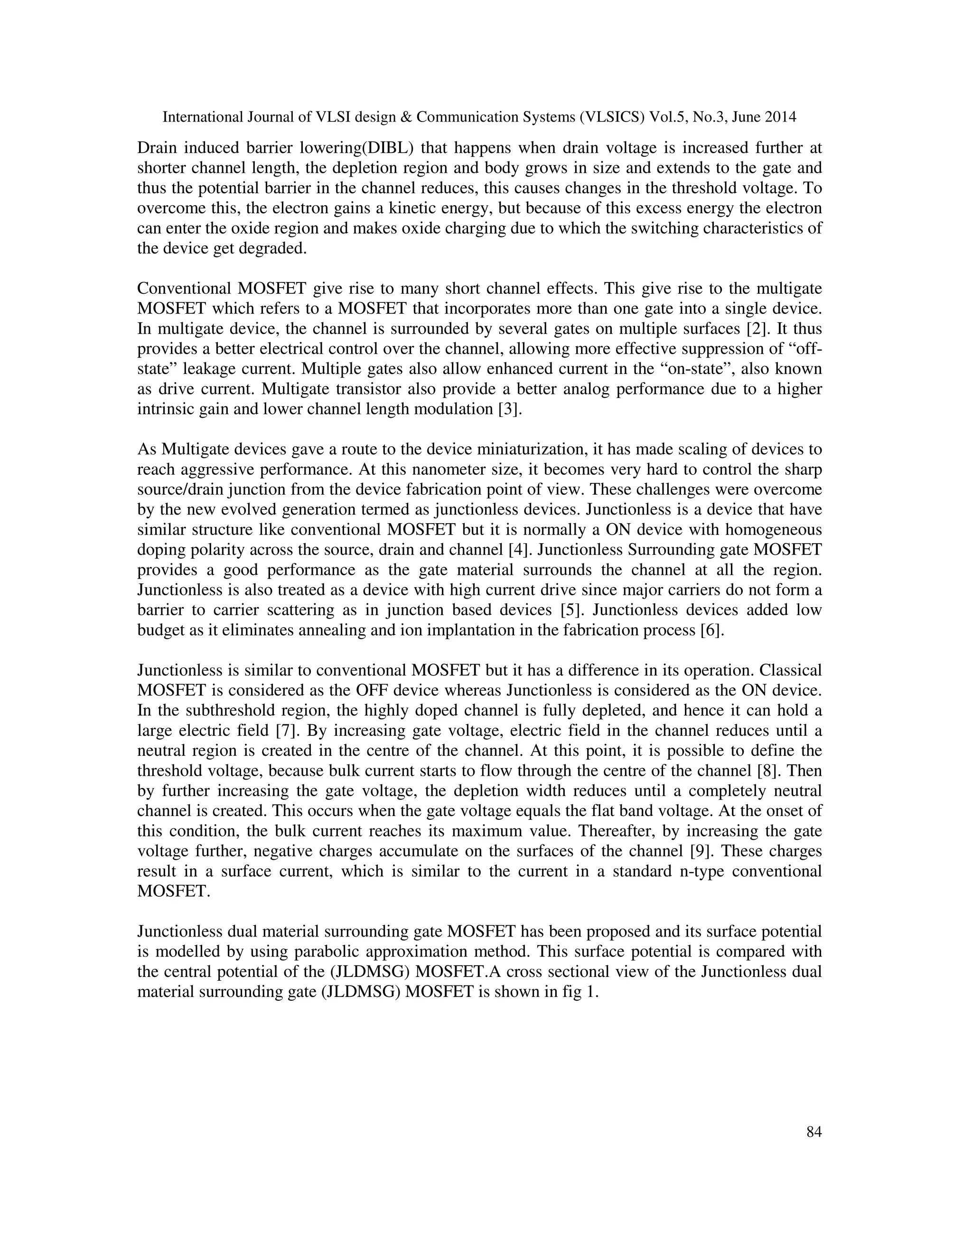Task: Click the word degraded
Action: [273, 248]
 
